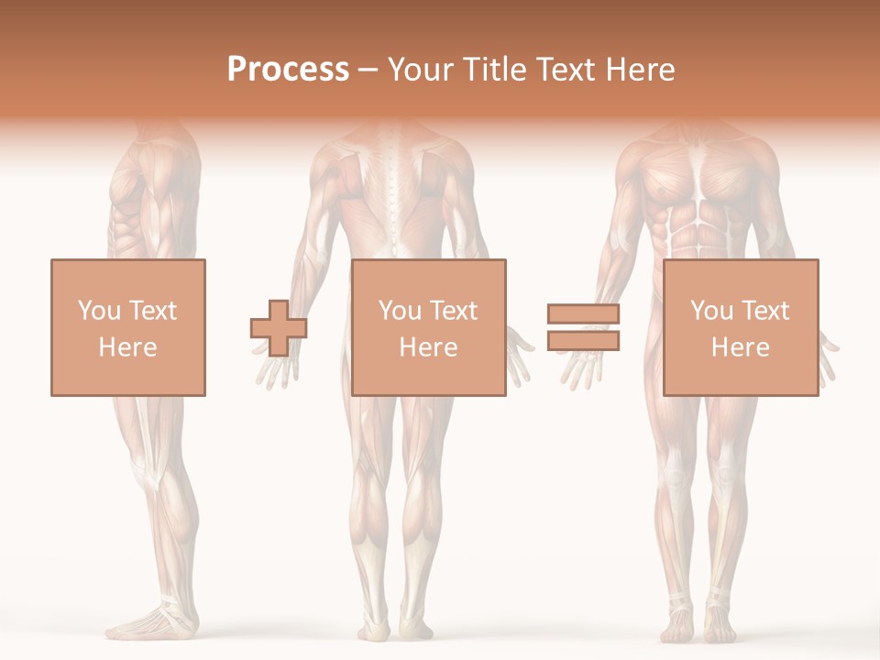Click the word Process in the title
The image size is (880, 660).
click(x=288, y=70)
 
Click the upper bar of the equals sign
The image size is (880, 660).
click(x=584, y=313)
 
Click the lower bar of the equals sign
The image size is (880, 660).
click(x=584, y=341)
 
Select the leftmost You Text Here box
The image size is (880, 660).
click(x=127, y=327)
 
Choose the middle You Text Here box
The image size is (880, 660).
click(x=428, y=327)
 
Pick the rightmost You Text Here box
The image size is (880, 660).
click(x=740, y=327)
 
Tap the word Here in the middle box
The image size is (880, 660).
click(x=428, y=346)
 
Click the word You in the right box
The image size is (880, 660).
click(x=710, y=311)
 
